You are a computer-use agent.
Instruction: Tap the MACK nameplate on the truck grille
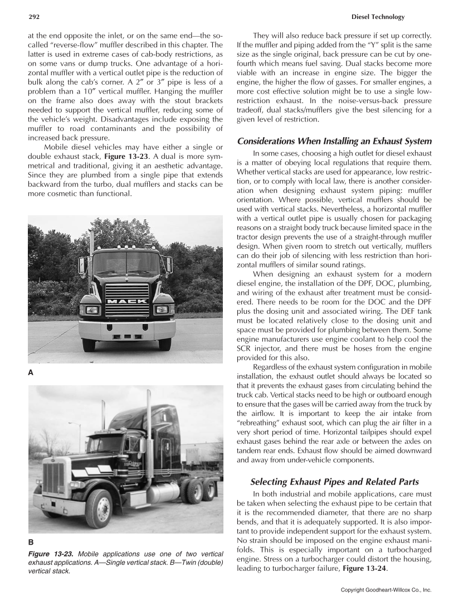127,301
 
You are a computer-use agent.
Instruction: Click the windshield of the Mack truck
126,263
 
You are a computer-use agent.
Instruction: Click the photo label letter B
31,541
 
